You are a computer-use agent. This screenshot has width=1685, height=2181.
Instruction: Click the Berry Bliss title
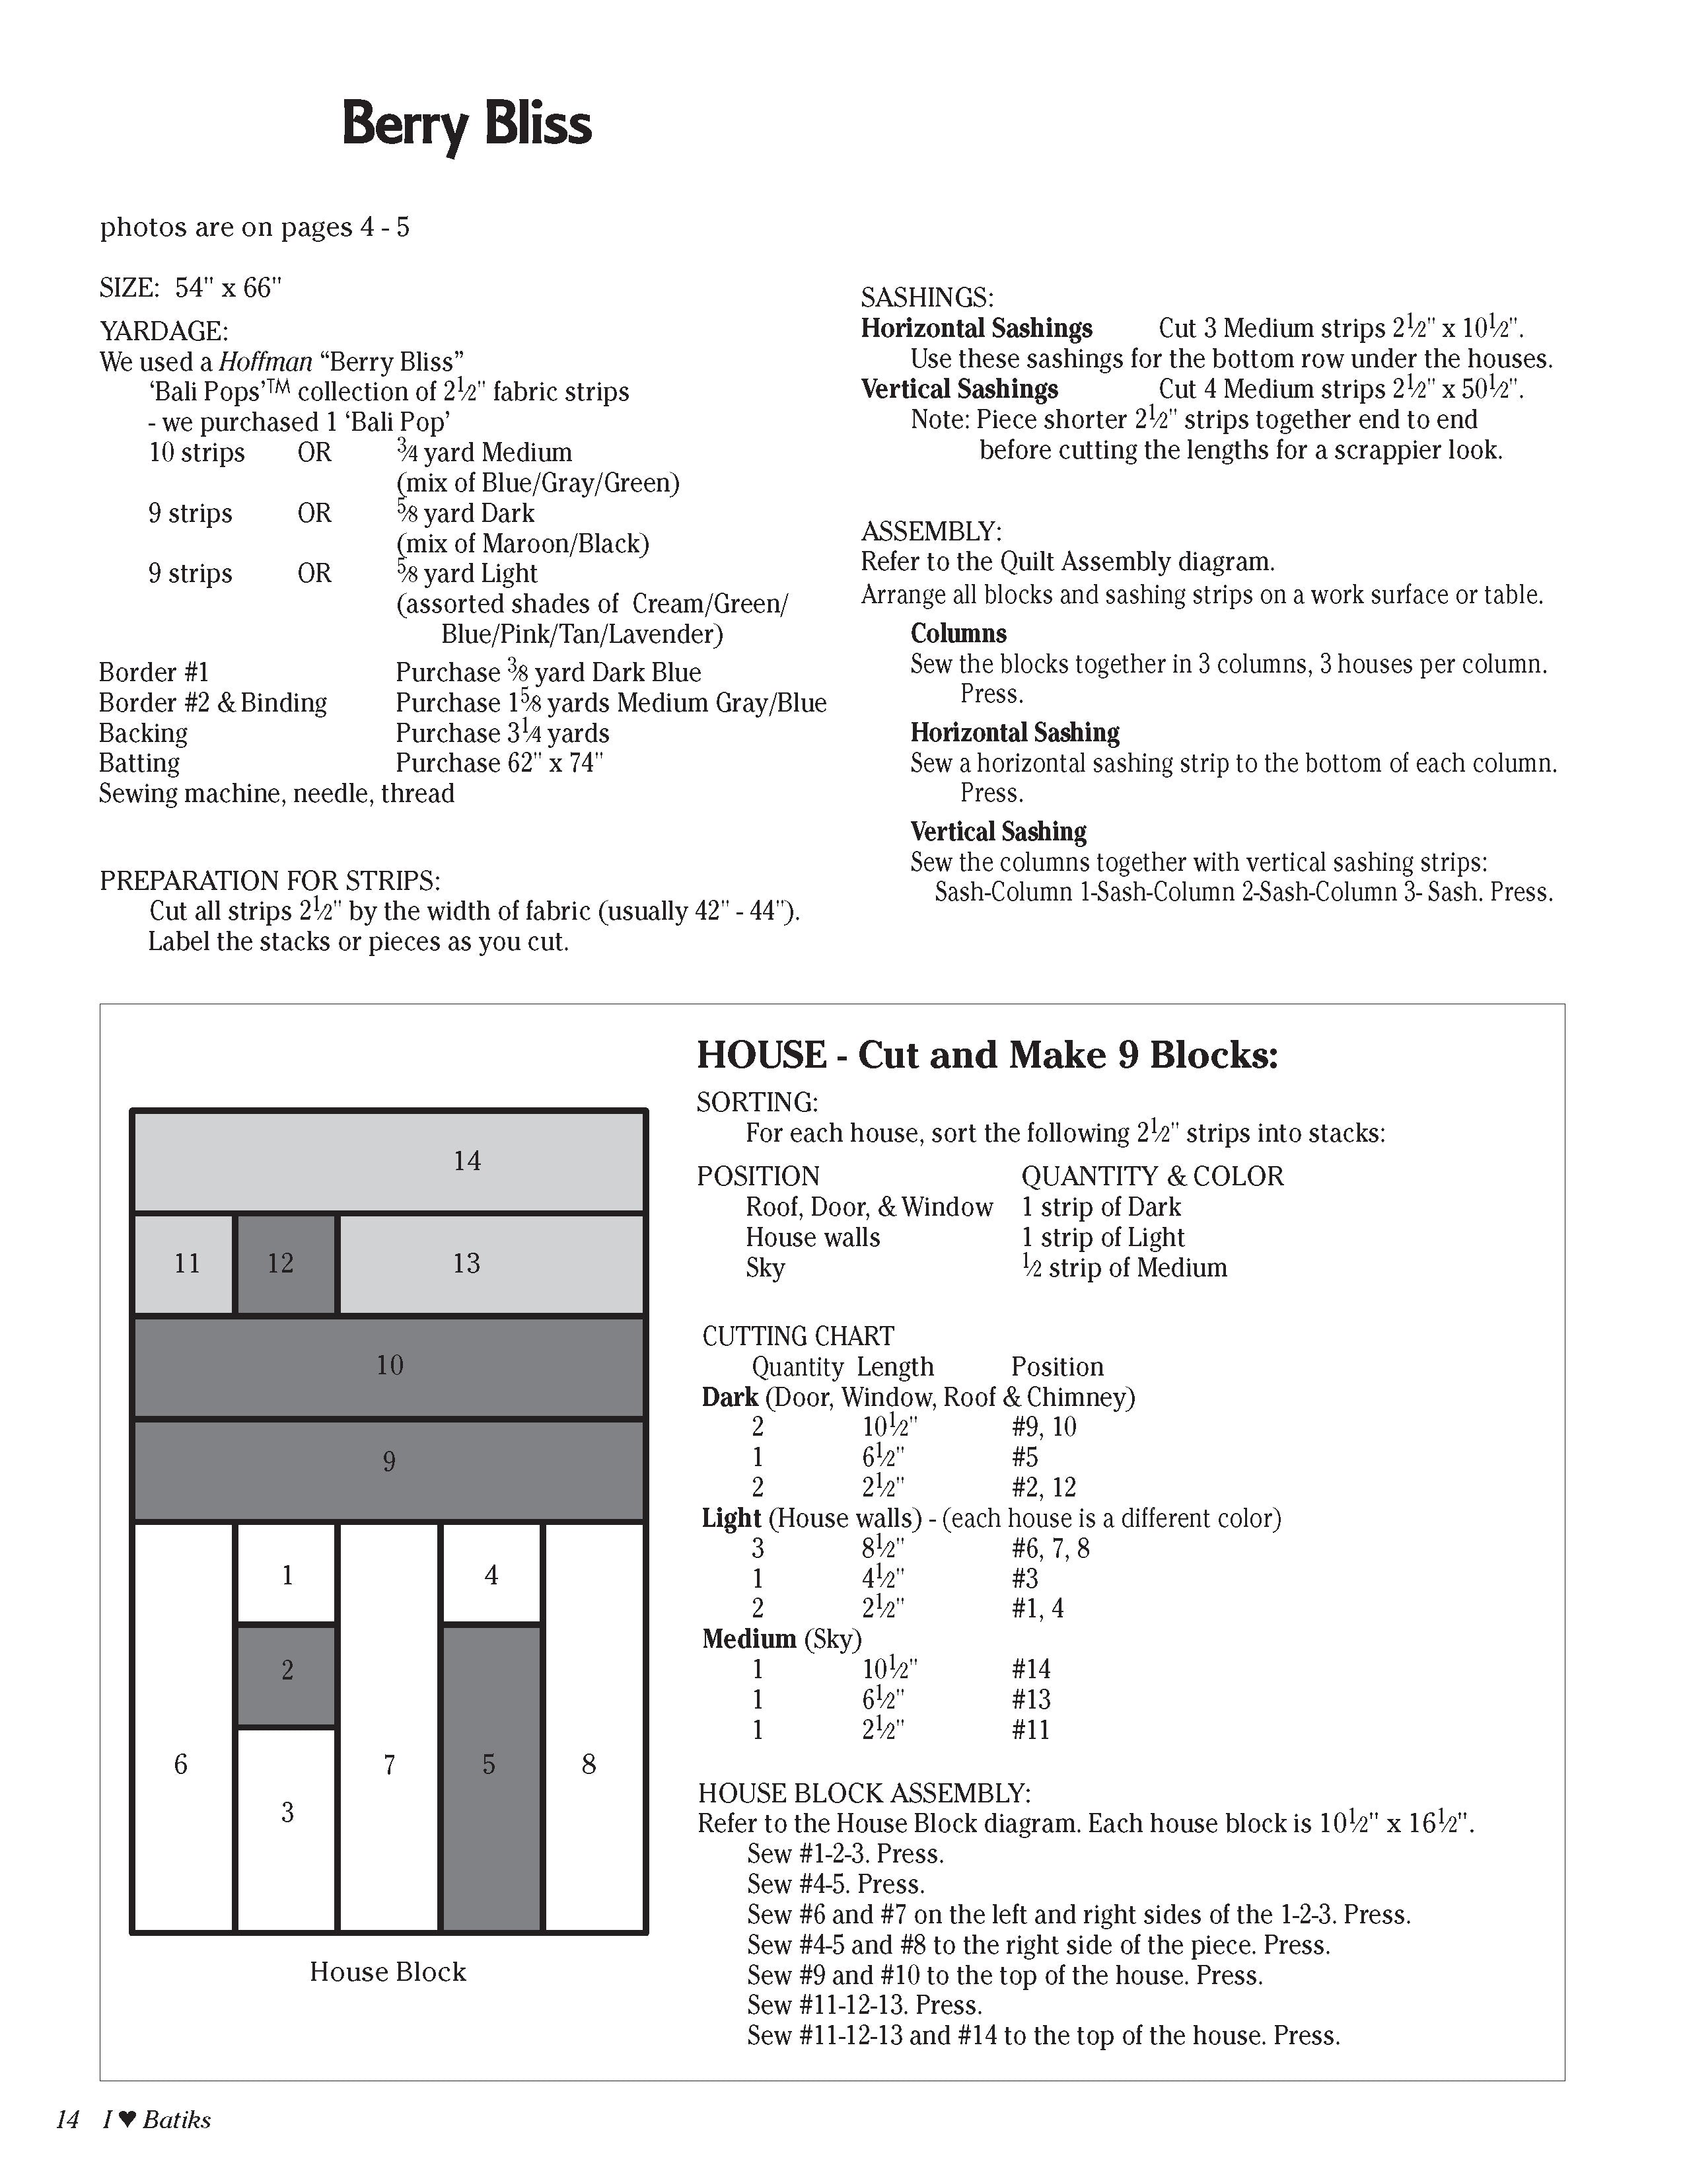[466, 125]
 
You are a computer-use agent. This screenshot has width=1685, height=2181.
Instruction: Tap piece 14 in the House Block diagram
[389, 1162]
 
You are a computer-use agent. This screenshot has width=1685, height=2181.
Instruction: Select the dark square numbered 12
[285, 1264]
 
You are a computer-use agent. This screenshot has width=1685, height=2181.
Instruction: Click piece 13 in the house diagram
[491, 1264]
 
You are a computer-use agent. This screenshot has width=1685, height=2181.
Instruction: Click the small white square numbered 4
[491, 1575]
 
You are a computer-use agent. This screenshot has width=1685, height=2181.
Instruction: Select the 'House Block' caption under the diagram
[387, 1972]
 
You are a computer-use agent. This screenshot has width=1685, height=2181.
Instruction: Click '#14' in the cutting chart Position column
[1030, 1669]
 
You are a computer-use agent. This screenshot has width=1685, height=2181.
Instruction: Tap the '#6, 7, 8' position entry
[1050, 1549]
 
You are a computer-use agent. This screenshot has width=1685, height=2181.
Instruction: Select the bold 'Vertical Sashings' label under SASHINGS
[959, 389]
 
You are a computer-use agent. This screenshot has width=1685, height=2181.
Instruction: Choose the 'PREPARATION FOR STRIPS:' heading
[269, 881]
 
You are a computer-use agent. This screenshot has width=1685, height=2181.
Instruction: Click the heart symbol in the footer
[127, 2120]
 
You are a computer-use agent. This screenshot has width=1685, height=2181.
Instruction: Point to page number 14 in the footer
[67, 2120]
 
